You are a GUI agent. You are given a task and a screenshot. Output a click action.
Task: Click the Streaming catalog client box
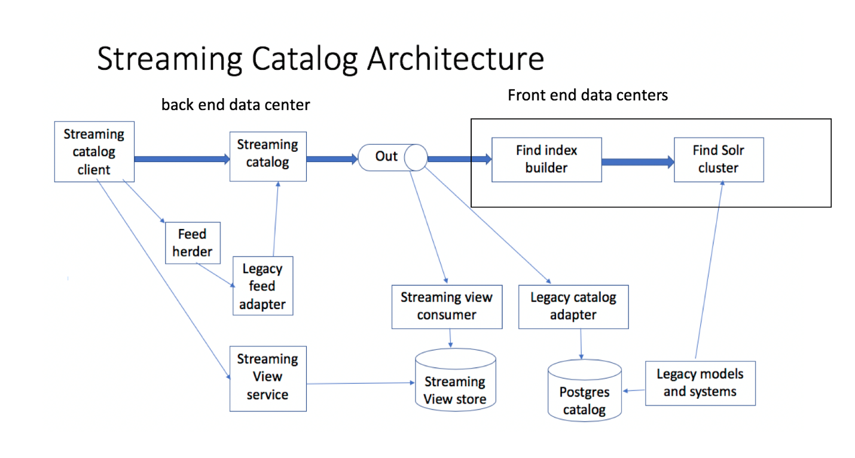tap(94, 152)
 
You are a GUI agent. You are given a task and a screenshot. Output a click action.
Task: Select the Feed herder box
tap(193, 243)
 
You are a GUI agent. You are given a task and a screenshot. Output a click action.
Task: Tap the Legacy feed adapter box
tap(262, 286)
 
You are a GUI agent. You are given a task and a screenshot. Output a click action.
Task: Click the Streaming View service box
tap(267, 378)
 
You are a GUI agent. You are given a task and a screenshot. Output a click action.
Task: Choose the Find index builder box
tap(546, 160)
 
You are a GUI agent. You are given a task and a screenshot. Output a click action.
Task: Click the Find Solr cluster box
tap(718, 160)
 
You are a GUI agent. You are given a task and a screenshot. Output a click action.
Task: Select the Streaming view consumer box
tap(447, 307)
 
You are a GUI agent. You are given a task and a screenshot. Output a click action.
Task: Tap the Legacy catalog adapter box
tap(573, 307)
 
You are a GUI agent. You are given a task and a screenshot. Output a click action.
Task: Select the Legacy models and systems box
tap(700, 383)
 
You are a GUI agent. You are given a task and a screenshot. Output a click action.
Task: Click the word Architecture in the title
tap(455, 59)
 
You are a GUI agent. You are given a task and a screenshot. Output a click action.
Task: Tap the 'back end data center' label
tap(236, 105)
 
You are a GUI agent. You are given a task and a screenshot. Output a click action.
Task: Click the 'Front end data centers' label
tap(587, 95)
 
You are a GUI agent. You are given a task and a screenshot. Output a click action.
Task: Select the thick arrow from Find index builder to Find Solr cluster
tap(637, 162)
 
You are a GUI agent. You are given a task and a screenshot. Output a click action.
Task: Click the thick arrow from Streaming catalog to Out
tap(332, 160)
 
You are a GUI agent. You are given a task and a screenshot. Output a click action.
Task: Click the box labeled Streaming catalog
tap(267, 154)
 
